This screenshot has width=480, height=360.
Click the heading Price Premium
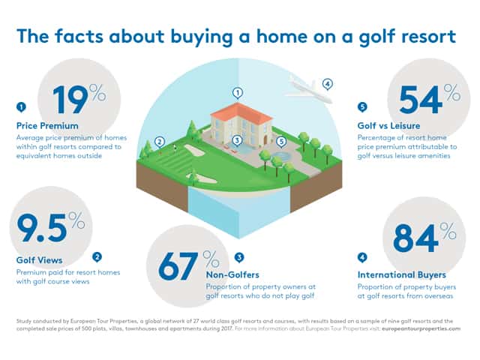coord(47,126)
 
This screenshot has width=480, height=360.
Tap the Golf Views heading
coord(40,260)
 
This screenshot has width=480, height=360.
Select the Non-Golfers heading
coord(232,274)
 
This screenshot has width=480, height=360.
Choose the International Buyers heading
coord(402,275)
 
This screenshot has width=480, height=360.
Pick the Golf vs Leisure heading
coord(388,126)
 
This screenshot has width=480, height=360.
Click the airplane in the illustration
coord(308,89)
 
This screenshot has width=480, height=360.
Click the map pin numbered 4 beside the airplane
coord(328,84)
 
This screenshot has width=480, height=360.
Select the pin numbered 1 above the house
coord(238,93)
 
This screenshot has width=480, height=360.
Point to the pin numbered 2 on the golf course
coord(160,142)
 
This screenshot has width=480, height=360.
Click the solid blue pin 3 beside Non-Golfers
coord(239,258)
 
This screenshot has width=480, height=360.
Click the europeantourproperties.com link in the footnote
coord(421,328)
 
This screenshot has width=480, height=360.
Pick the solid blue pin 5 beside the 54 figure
coord(362,107)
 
